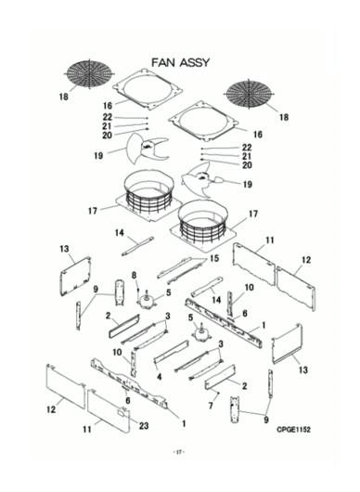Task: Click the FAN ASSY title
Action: tap(180, 62)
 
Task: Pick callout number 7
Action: tap(212, 407)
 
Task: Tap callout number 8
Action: tap(134, 275)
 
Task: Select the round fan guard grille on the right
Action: tap(257, 95)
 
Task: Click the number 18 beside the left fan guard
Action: tap(63, 96)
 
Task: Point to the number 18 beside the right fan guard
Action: tap(284, 118)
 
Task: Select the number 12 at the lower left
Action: tap(51, 408)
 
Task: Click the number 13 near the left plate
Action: tap(65, 249)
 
